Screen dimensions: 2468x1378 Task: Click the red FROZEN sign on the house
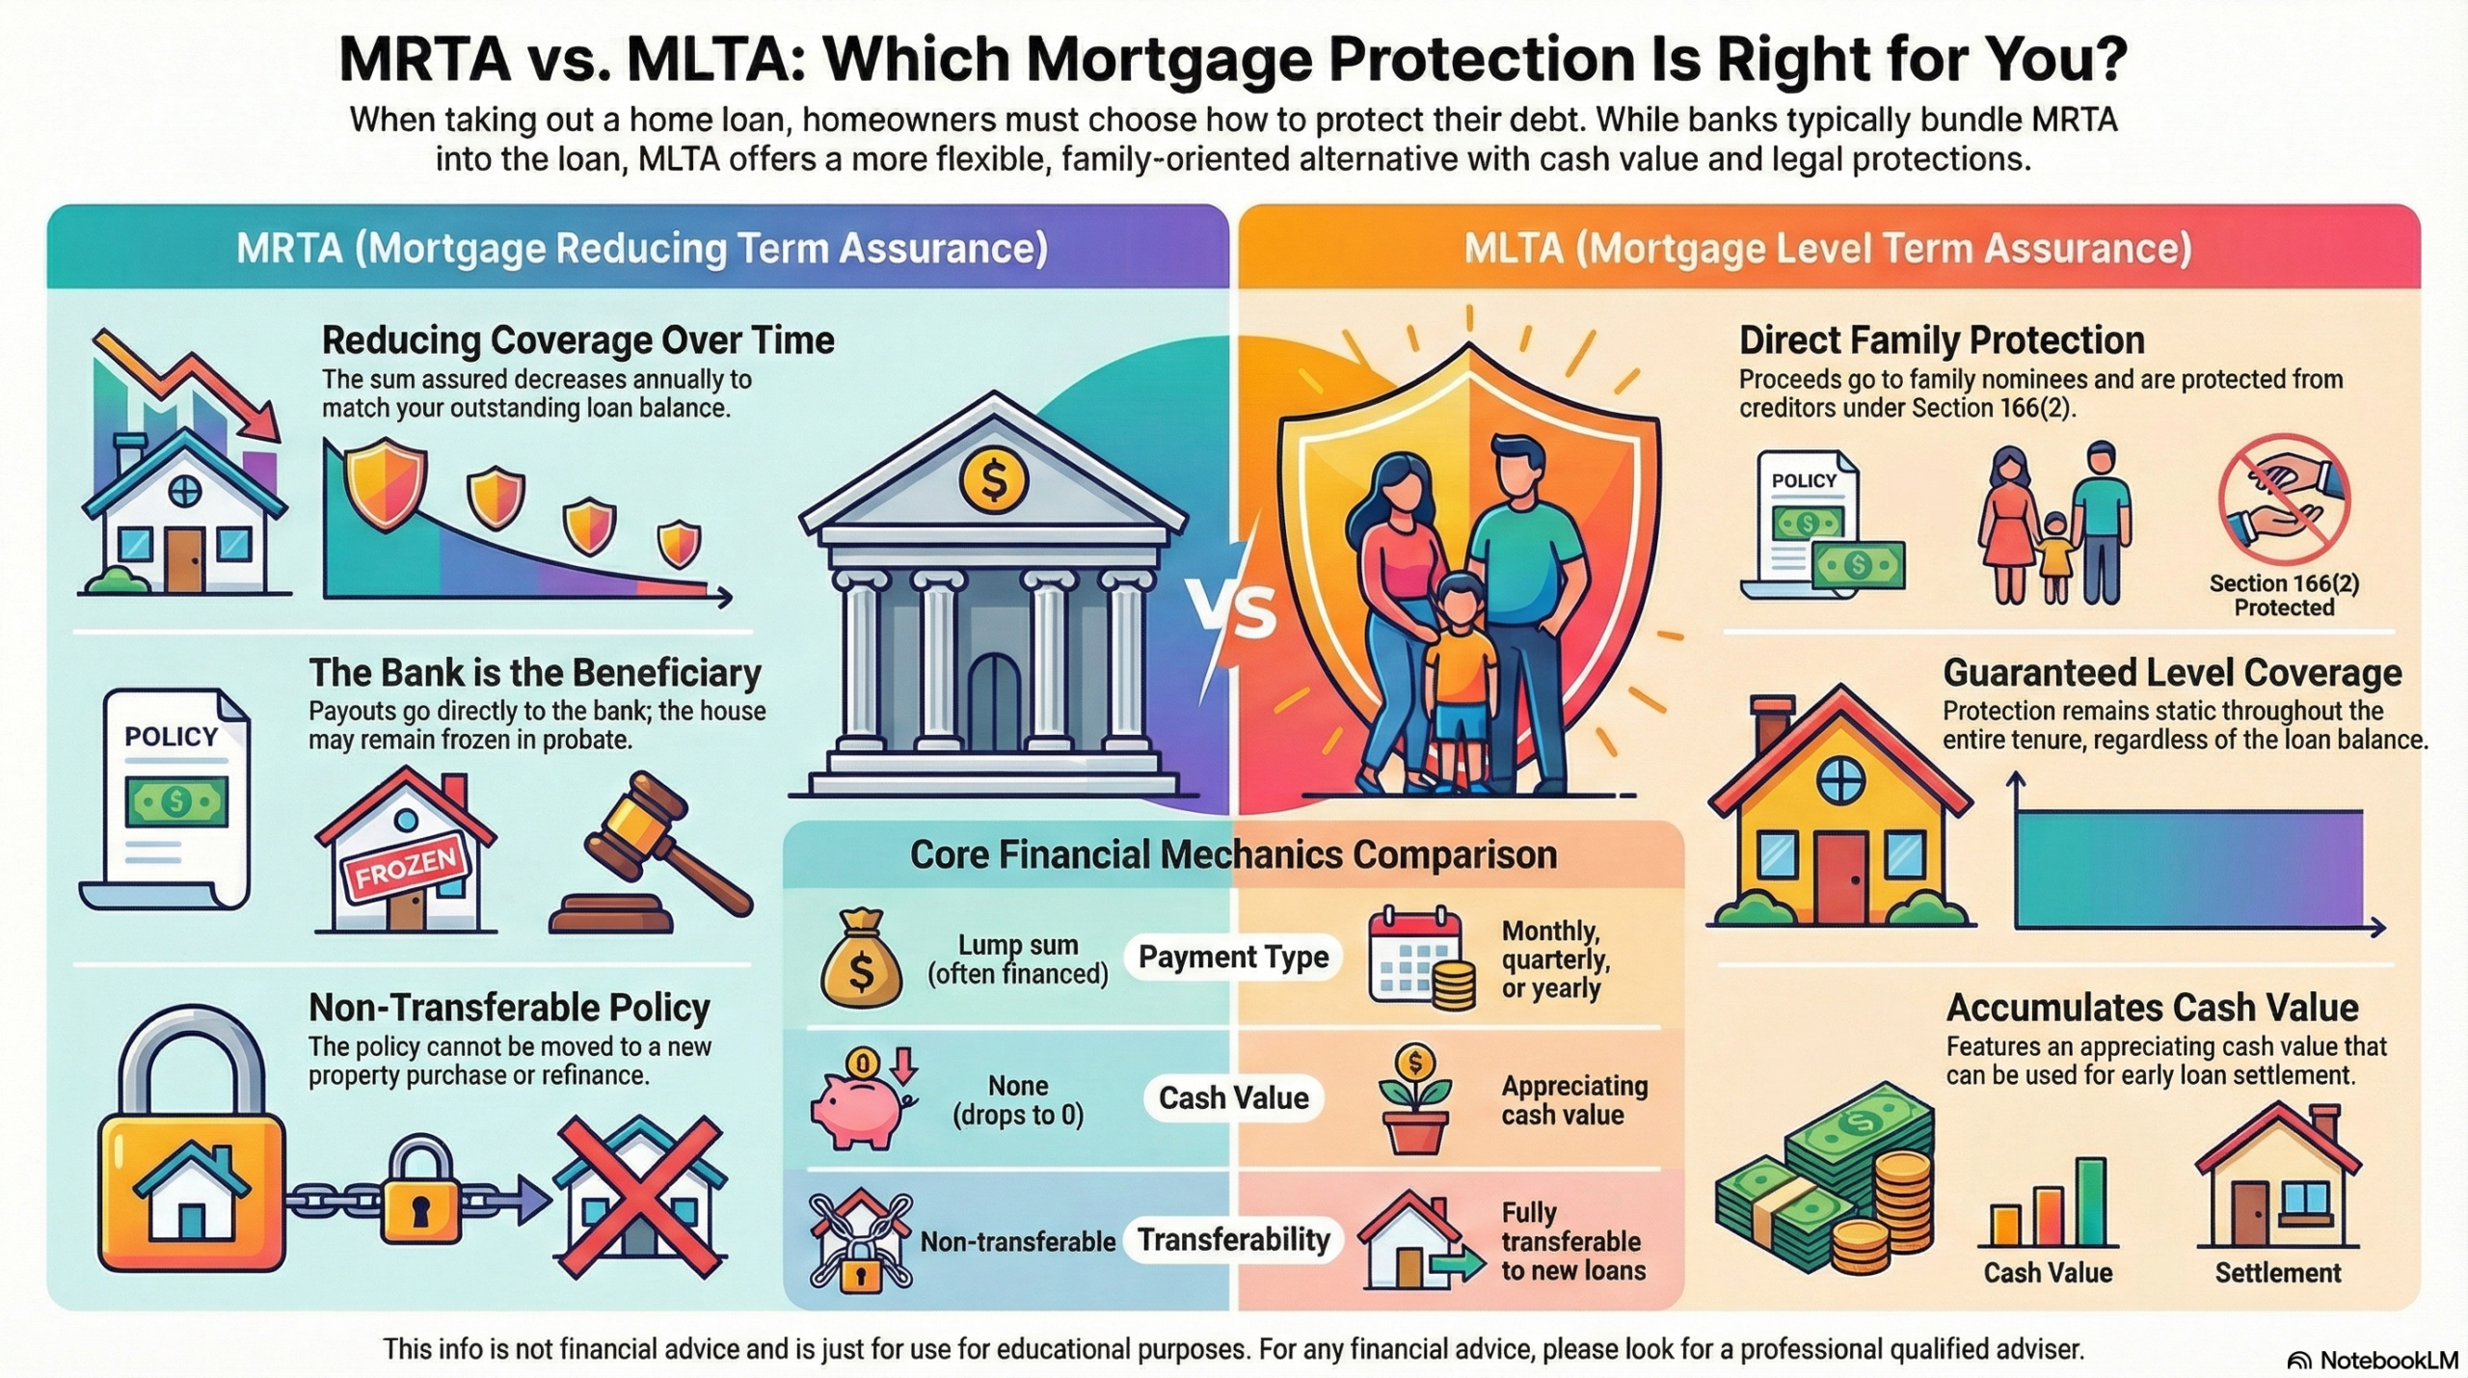[406, 868]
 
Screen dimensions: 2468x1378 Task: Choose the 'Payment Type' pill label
[1233, 957]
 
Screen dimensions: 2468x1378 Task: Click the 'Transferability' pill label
[1233, 1239]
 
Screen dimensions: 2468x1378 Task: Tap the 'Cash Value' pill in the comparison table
[1233, 1097]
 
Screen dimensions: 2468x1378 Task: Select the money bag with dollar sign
[861, 959]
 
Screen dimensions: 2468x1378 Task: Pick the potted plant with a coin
[1415, 1099]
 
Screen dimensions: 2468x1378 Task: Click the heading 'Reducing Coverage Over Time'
[577, 340]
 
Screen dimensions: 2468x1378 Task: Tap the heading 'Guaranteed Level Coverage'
[2172, 672]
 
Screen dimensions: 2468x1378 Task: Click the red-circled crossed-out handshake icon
[2284, 500]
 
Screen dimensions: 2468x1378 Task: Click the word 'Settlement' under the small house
[2277, 1273]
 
